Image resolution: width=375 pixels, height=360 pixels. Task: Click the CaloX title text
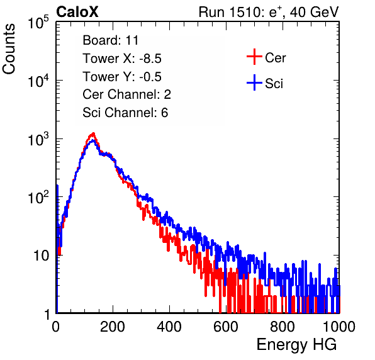coord(77,12)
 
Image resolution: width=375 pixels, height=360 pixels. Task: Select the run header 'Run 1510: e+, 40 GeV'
coord(269,12)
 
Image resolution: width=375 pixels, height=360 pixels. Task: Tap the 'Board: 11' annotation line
coord(111,40)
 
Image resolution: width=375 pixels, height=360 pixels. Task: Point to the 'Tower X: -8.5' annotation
coord(122,59)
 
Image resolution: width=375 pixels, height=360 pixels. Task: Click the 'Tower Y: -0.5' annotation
coord(122,77)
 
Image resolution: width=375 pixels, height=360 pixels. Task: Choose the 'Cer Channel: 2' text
coord(126,94)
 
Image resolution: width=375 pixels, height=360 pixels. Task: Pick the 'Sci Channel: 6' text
coord(125,113)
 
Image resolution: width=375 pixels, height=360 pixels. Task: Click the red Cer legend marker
coord(254,57)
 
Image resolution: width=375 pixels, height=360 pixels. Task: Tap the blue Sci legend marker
coord(254,83)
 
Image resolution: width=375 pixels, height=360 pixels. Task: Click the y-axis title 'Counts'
coord(9,49)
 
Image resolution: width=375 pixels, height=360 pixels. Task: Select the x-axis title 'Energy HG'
coord(296,345)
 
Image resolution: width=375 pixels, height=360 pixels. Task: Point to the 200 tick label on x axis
coord(113,327)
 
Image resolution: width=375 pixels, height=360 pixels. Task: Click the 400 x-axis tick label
coord(169,327)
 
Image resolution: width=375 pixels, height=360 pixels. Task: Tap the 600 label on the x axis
coord(226,327)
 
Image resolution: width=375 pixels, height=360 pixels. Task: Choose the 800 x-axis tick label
coord(283,327)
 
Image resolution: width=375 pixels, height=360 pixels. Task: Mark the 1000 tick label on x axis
coord(339,327)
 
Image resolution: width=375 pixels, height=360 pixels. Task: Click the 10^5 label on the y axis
coord(38,23)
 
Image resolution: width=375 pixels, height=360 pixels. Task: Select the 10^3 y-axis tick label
coord(38,139)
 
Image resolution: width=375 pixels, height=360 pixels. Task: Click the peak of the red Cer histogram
coord(93,133)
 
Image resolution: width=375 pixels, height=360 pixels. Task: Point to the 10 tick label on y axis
coord(41,256)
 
